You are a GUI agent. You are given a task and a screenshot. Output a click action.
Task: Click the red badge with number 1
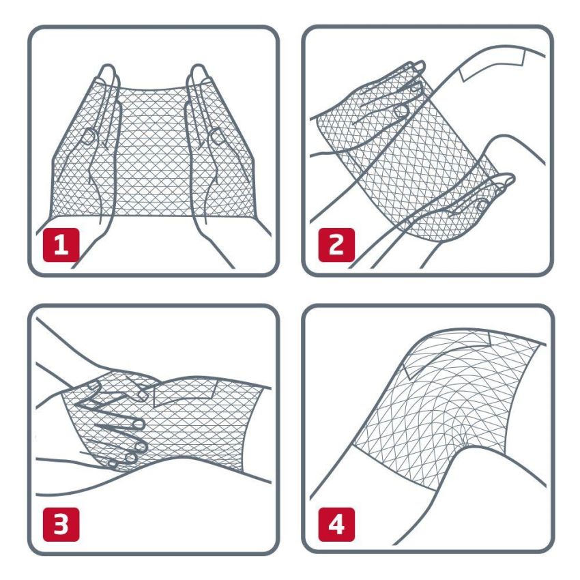[x=62, y=245]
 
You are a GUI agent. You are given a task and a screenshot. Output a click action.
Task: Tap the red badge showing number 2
[x=336, y=245]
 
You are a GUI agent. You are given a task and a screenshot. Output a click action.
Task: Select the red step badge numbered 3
[x=62, y=524]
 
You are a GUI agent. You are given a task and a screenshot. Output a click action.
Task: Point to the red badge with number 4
[x=336, y=524]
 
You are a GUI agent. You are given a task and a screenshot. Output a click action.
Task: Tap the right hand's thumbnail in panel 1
[x=216, y=136]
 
